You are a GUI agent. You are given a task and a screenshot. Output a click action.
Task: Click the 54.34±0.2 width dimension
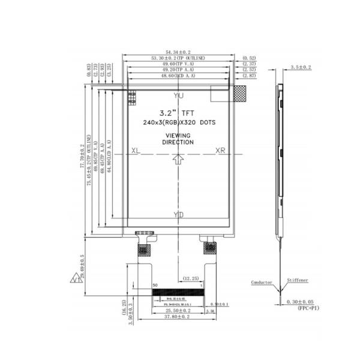pos(178,52)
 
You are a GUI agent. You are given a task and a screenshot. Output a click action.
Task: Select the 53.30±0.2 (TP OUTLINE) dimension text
pos(178,58)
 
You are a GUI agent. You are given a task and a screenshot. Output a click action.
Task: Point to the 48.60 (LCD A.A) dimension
pos(178,77)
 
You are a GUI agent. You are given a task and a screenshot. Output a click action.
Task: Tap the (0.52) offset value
pos(249,58)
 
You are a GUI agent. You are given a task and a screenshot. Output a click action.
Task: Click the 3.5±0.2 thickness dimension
pos(301,68)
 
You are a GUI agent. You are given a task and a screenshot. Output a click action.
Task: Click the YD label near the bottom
pos(178,215)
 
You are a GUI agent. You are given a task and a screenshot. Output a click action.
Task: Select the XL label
pos(136,151)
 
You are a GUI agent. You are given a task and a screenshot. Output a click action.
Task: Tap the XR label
pos(221,151)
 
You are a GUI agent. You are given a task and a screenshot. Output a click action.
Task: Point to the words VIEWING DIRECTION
pos(178,139)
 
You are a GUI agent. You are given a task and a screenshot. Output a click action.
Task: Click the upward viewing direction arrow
pos(178,158)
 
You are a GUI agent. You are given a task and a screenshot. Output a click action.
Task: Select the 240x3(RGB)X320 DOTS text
pos(179,122)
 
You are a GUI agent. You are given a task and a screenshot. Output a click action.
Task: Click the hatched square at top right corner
pos(239,93)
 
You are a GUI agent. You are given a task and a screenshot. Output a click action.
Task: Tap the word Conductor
pos(262,281)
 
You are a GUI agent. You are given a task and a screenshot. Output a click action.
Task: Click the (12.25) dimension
pos(191,278)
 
